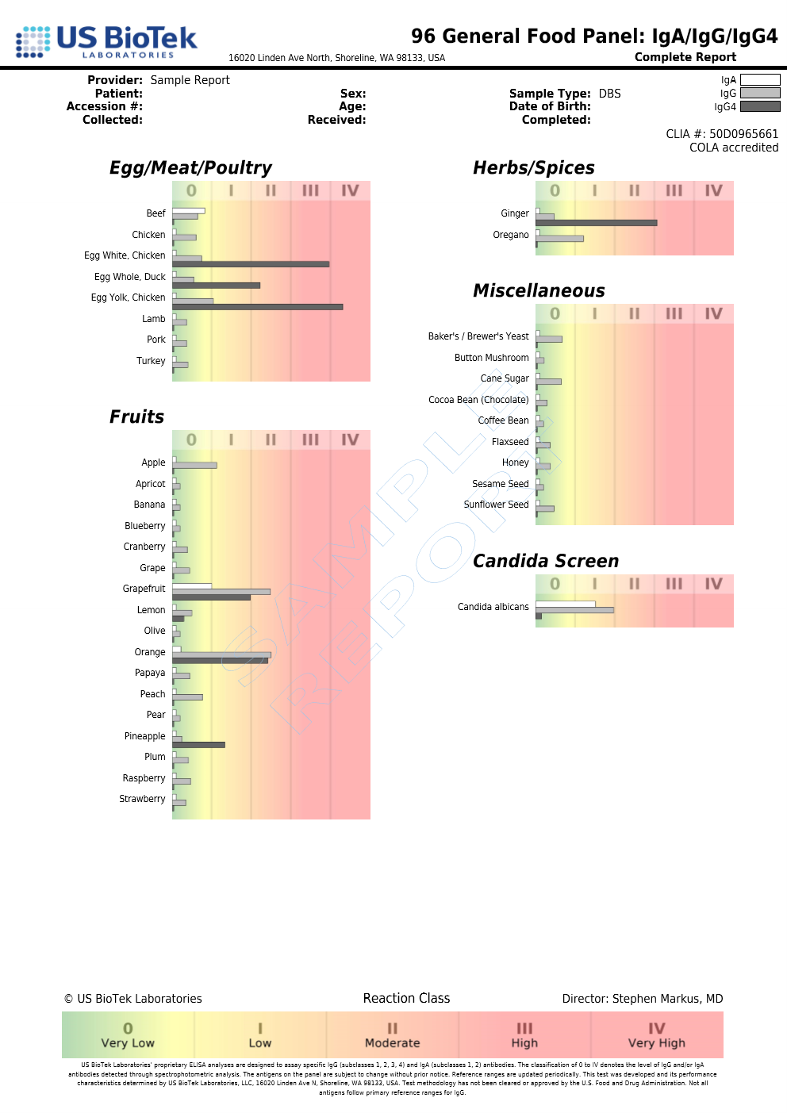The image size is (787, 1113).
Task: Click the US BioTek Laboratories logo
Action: (x=107, y=41)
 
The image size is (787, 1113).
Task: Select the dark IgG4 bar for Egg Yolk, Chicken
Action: (x=257, y=306)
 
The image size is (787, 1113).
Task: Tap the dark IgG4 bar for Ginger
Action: (x=596, y=223)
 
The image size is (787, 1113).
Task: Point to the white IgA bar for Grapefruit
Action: (x=192, y=585)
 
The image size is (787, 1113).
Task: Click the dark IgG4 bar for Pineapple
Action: (x=198, y=745)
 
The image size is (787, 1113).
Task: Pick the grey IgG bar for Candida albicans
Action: (x=574, y=610)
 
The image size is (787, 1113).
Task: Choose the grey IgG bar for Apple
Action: (x=194, y=466)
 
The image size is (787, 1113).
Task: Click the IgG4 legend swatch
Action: (x=760, y=106)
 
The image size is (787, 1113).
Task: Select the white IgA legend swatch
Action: (x=760, y=79)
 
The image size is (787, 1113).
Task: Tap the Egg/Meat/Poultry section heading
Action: (x=190, y=167)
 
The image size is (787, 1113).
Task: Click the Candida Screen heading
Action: (x=546, y=561)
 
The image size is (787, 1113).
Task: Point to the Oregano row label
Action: (x=511, y=235)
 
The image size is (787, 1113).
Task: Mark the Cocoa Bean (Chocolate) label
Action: (x=478, y=400)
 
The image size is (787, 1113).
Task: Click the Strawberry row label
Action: (x=142, y=799)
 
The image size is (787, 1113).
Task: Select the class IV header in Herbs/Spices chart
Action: (x=713, y=190)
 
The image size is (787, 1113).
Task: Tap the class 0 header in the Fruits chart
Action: (x=191, y=439)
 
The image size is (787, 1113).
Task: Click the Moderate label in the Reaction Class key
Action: (x=392, y=1043)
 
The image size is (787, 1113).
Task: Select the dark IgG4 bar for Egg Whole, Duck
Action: (x=216, y=286)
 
